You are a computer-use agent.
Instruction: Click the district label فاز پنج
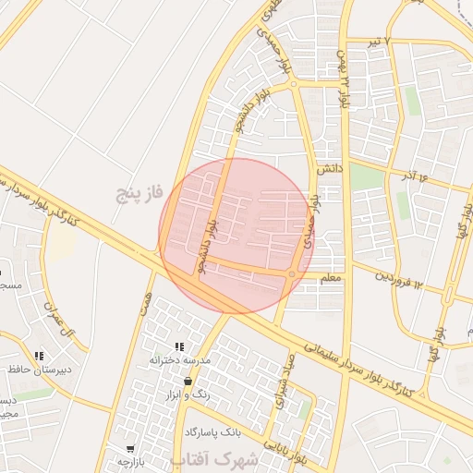tap(139, 193)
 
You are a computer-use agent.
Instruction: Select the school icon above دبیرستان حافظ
tap(39, 356)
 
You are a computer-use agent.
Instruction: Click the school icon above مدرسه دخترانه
tap(179, 346)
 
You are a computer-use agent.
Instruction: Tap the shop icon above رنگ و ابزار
tap(188, 381)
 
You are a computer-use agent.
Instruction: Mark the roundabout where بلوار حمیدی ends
tap(294, 84)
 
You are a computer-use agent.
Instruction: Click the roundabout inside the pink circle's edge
tap(292, 273)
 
